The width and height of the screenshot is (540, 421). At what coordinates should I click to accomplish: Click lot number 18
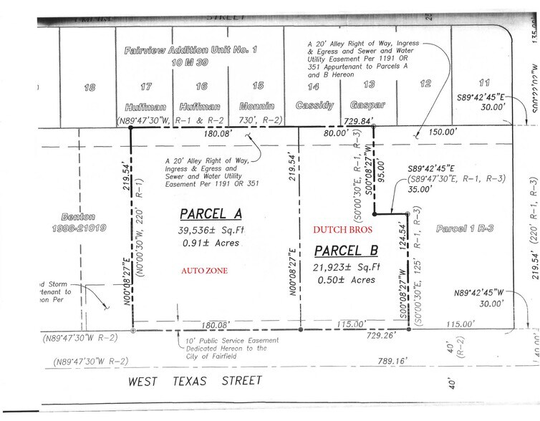pyautogui.click(x=90, y=87)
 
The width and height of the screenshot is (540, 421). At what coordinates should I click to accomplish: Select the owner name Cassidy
pyautogui.click(x=313, y=105)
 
